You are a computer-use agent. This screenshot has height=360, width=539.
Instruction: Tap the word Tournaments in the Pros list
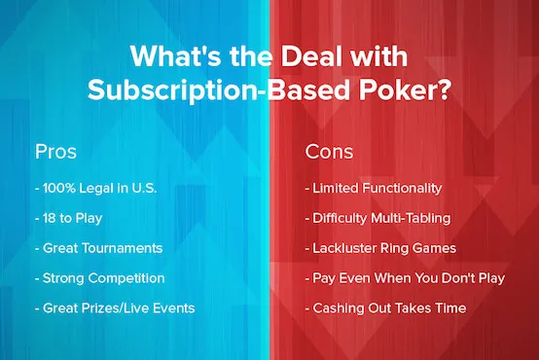coord(126,248)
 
